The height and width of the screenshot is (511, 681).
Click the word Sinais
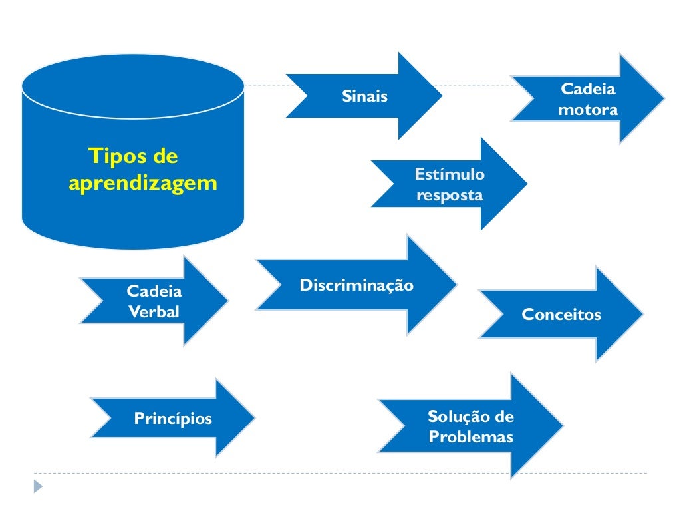click(x=364, y=96)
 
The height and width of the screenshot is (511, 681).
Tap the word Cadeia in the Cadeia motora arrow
click(x=589, y=89)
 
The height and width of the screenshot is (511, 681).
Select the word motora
click(x=588, y=110)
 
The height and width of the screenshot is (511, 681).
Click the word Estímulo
click(x=450, y=174)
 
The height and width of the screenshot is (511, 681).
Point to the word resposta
click(x=450, y=196)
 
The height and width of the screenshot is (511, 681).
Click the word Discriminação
click(x=356, y=285)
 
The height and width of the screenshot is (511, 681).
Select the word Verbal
click(x=154, y=311)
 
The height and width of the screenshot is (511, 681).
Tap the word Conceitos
click(x=561, y=314)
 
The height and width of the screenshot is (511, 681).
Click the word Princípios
click(x=173, y=419)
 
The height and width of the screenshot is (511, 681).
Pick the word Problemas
click(x=471, y=437)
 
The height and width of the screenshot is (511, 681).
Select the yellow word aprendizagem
click(x=143, y=182)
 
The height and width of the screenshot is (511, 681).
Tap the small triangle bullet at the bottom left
click(x=38, y=487)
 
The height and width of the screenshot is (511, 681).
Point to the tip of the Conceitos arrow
click(x=642, y=314)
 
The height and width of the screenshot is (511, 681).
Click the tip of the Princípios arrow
click(x=253, y=418)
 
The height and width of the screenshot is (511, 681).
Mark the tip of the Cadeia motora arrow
click(x=662, y=99)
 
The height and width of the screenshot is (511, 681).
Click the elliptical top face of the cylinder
click(x=133, y=86)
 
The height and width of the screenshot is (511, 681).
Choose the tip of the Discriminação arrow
click(x=456, y=285)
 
